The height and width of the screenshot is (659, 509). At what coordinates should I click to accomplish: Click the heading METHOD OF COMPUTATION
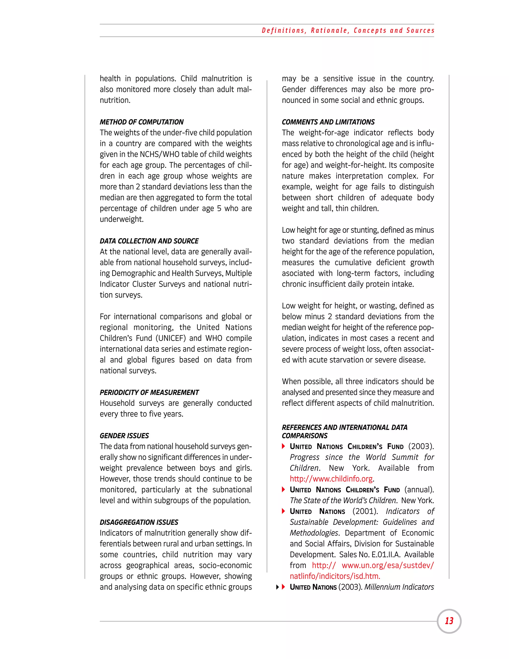click(x=141, y=122)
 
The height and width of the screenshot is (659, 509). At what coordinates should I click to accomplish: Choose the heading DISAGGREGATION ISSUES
click(x=139, y=522)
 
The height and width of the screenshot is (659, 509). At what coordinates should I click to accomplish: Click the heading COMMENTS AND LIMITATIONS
click(x=328, y=122)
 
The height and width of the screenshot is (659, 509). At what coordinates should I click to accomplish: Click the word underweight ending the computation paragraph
click(x=122, y=219)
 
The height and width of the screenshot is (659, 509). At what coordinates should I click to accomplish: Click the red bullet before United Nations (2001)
click(x=283, y=511)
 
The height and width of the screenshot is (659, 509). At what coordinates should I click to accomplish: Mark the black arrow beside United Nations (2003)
click(x=277, y=587)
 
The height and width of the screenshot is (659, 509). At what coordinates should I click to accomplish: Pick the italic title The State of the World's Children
click(x=343, y=500)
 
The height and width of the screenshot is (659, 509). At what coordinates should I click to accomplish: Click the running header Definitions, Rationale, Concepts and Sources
click(x=348, y=31)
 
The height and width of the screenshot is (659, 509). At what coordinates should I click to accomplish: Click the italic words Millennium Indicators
click(x=399, y=587)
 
